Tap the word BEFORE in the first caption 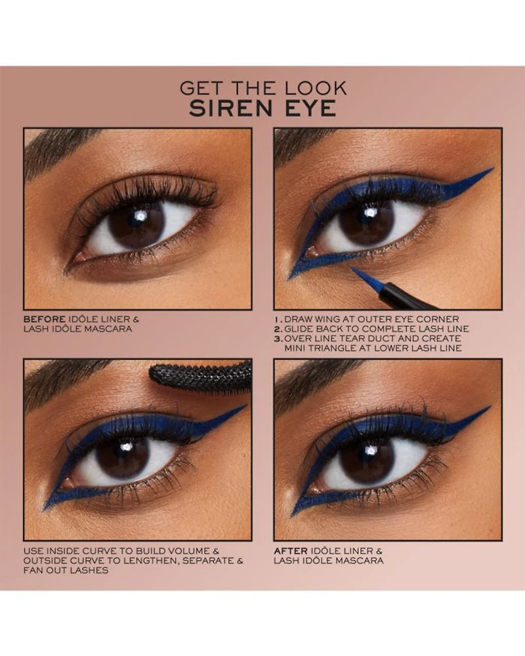point(45,319)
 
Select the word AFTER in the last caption point(291,551)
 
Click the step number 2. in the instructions point(278,329)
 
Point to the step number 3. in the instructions point(278,338)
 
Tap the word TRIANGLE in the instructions point(335,348)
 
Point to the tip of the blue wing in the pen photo point(493,169)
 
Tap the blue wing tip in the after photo point(489,407)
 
